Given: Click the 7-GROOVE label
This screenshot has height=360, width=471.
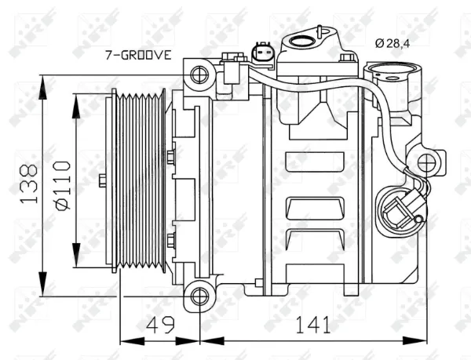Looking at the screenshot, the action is (x=138, y=55).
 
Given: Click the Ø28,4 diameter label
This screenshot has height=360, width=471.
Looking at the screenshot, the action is (x=392, y=44).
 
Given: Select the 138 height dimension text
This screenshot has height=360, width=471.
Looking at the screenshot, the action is (x=29, y=184).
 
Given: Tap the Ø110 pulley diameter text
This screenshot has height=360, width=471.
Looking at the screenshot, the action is (x=62, y=185).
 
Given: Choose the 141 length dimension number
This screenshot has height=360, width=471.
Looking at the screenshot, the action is (x=313, y=325).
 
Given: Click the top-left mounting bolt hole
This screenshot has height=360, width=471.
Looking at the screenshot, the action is (x=199, y=75).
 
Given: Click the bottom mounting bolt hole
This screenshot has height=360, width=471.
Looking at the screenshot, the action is (x=199, y=296).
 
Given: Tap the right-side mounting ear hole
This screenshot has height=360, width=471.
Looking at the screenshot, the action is (x=426, y=163).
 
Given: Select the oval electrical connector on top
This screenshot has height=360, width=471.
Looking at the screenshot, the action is (x=262, y=53).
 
